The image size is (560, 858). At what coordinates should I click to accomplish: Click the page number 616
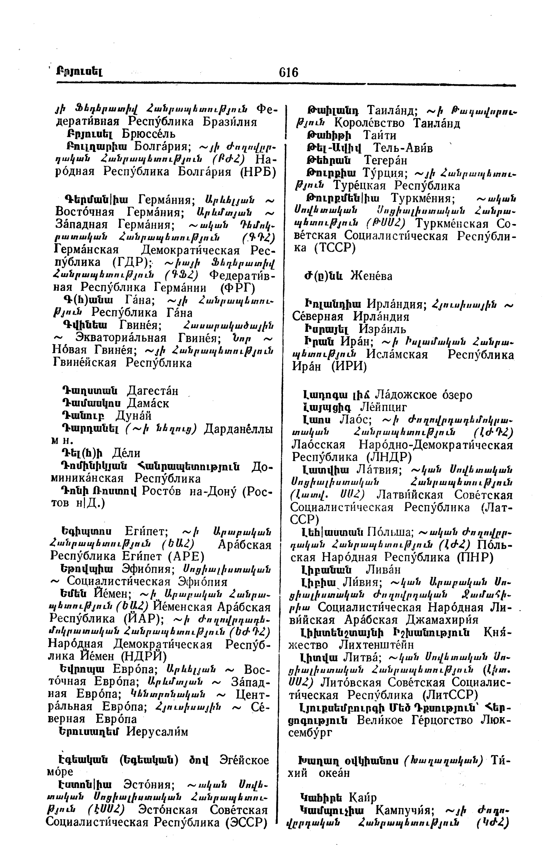pyautogui.click(x=289, y=73)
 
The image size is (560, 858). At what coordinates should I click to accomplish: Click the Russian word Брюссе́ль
pyautogui.click(x=148, y=134)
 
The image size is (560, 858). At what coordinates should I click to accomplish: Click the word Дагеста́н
pyautogui.click(x=153, y=391)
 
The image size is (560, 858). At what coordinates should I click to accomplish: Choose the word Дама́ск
pyautogui.click(x=148, y=403)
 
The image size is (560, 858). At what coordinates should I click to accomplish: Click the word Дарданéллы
pyautogui.click(x=238, y=429)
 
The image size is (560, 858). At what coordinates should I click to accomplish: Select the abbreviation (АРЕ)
pyautogui.click(x=186, y=556)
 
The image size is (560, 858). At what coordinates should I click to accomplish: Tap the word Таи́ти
pyautogui.click(x=380, y=135)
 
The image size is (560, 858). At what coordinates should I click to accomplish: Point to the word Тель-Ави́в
pyautogui.click(x=402, y=148)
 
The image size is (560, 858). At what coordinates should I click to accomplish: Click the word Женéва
pyautogui.click(x=371, y=276)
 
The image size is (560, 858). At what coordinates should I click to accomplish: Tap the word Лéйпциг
pyautogui.click(x=384, y=407)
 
